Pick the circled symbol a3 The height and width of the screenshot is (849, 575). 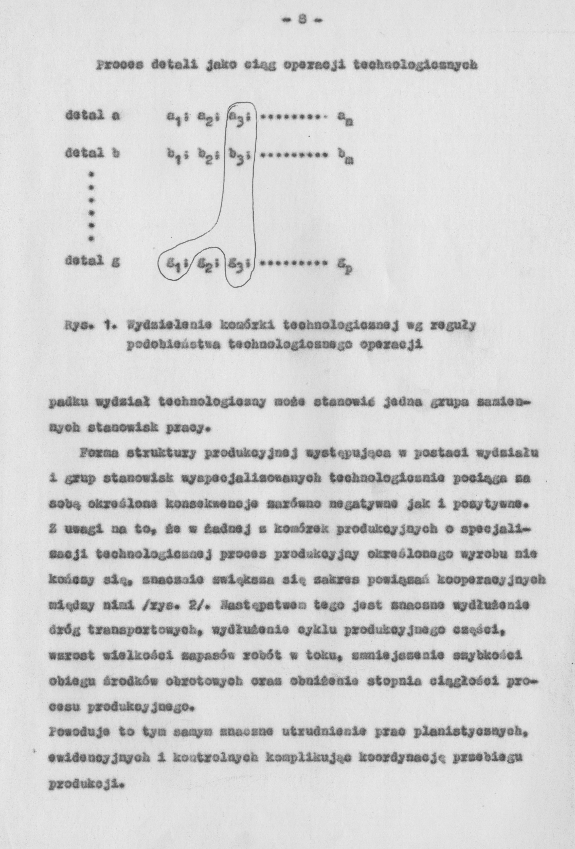pyautogui.click(x=240, y=118)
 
